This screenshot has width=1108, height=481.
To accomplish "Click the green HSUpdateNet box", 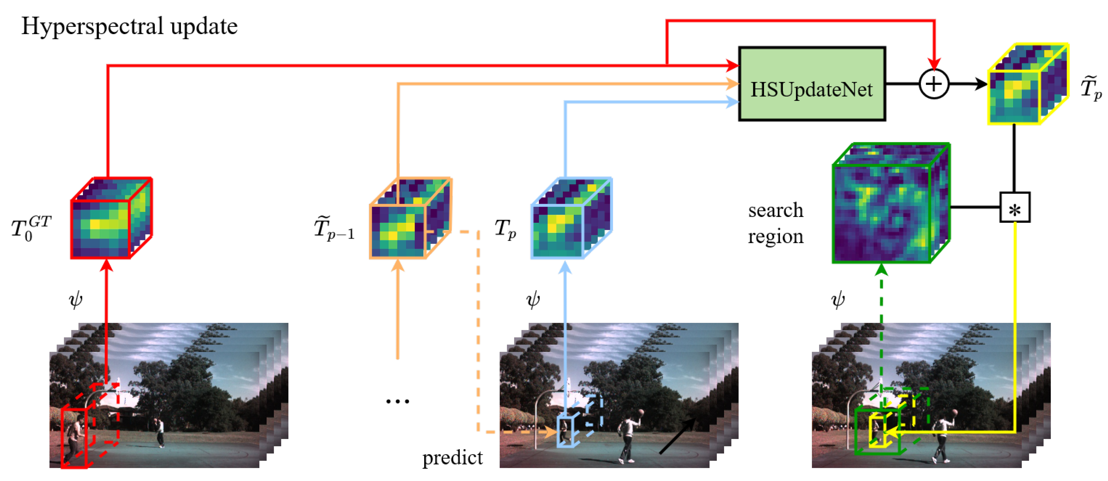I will tap(811, 84).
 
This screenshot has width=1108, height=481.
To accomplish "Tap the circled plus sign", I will tap(933, 84).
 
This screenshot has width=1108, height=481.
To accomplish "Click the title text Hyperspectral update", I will tap(129, 27).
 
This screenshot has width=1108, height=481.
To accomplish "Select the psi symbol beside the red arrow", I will tap(76, 300).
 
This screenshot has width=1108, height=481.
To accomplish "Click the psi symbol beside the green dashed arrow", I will tap(837, 300).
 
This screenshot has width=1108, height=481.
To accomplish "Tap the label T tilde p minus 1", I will tap(334, 229).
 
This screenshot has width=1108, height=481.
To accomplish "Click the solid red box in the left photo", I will tap(74, 438).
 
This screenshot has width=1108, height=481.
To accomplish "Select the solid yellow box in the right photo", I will tap(877, 431).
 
